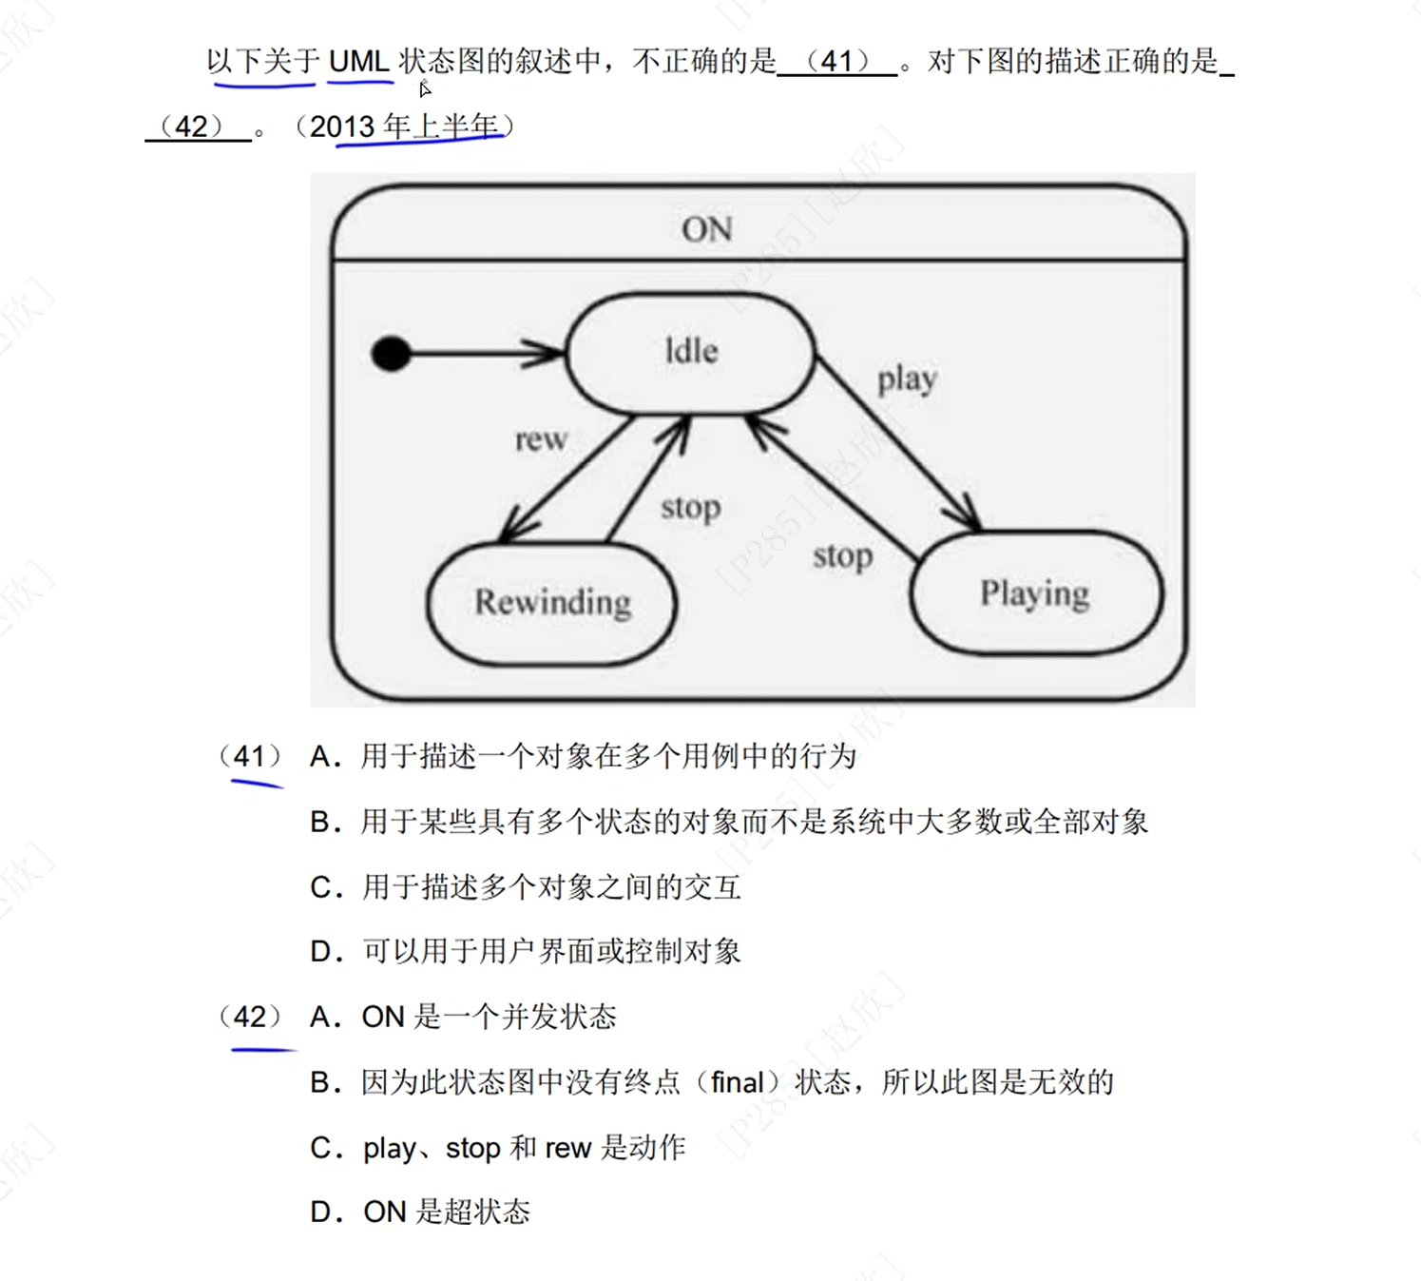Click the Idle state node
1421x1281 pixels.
point(691,353)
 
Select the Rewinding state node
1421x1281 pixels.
point(552,603)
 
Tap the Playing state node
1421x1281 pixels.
point(1035,593)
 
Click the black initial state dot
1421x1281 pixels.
point(391,354)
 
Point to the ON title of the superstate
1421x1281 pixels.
point(706,229)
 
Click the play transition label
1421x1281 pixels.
point(907,379)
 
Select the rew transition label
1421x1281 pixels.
point(541,439)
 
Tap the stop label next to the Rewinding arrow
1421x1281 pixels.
point(690,508)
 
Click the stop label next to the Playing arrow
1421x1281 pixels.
point(842,556)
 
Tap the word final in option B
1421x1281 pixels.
point(738,1083)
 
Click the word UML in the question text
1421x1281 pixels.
point(358,62)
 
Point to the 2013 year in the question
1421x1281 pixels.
point(342,126)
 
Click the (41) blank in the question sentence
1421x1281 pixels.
point(837,62)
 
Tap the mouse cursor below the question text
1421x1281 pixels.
point(425,89)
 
